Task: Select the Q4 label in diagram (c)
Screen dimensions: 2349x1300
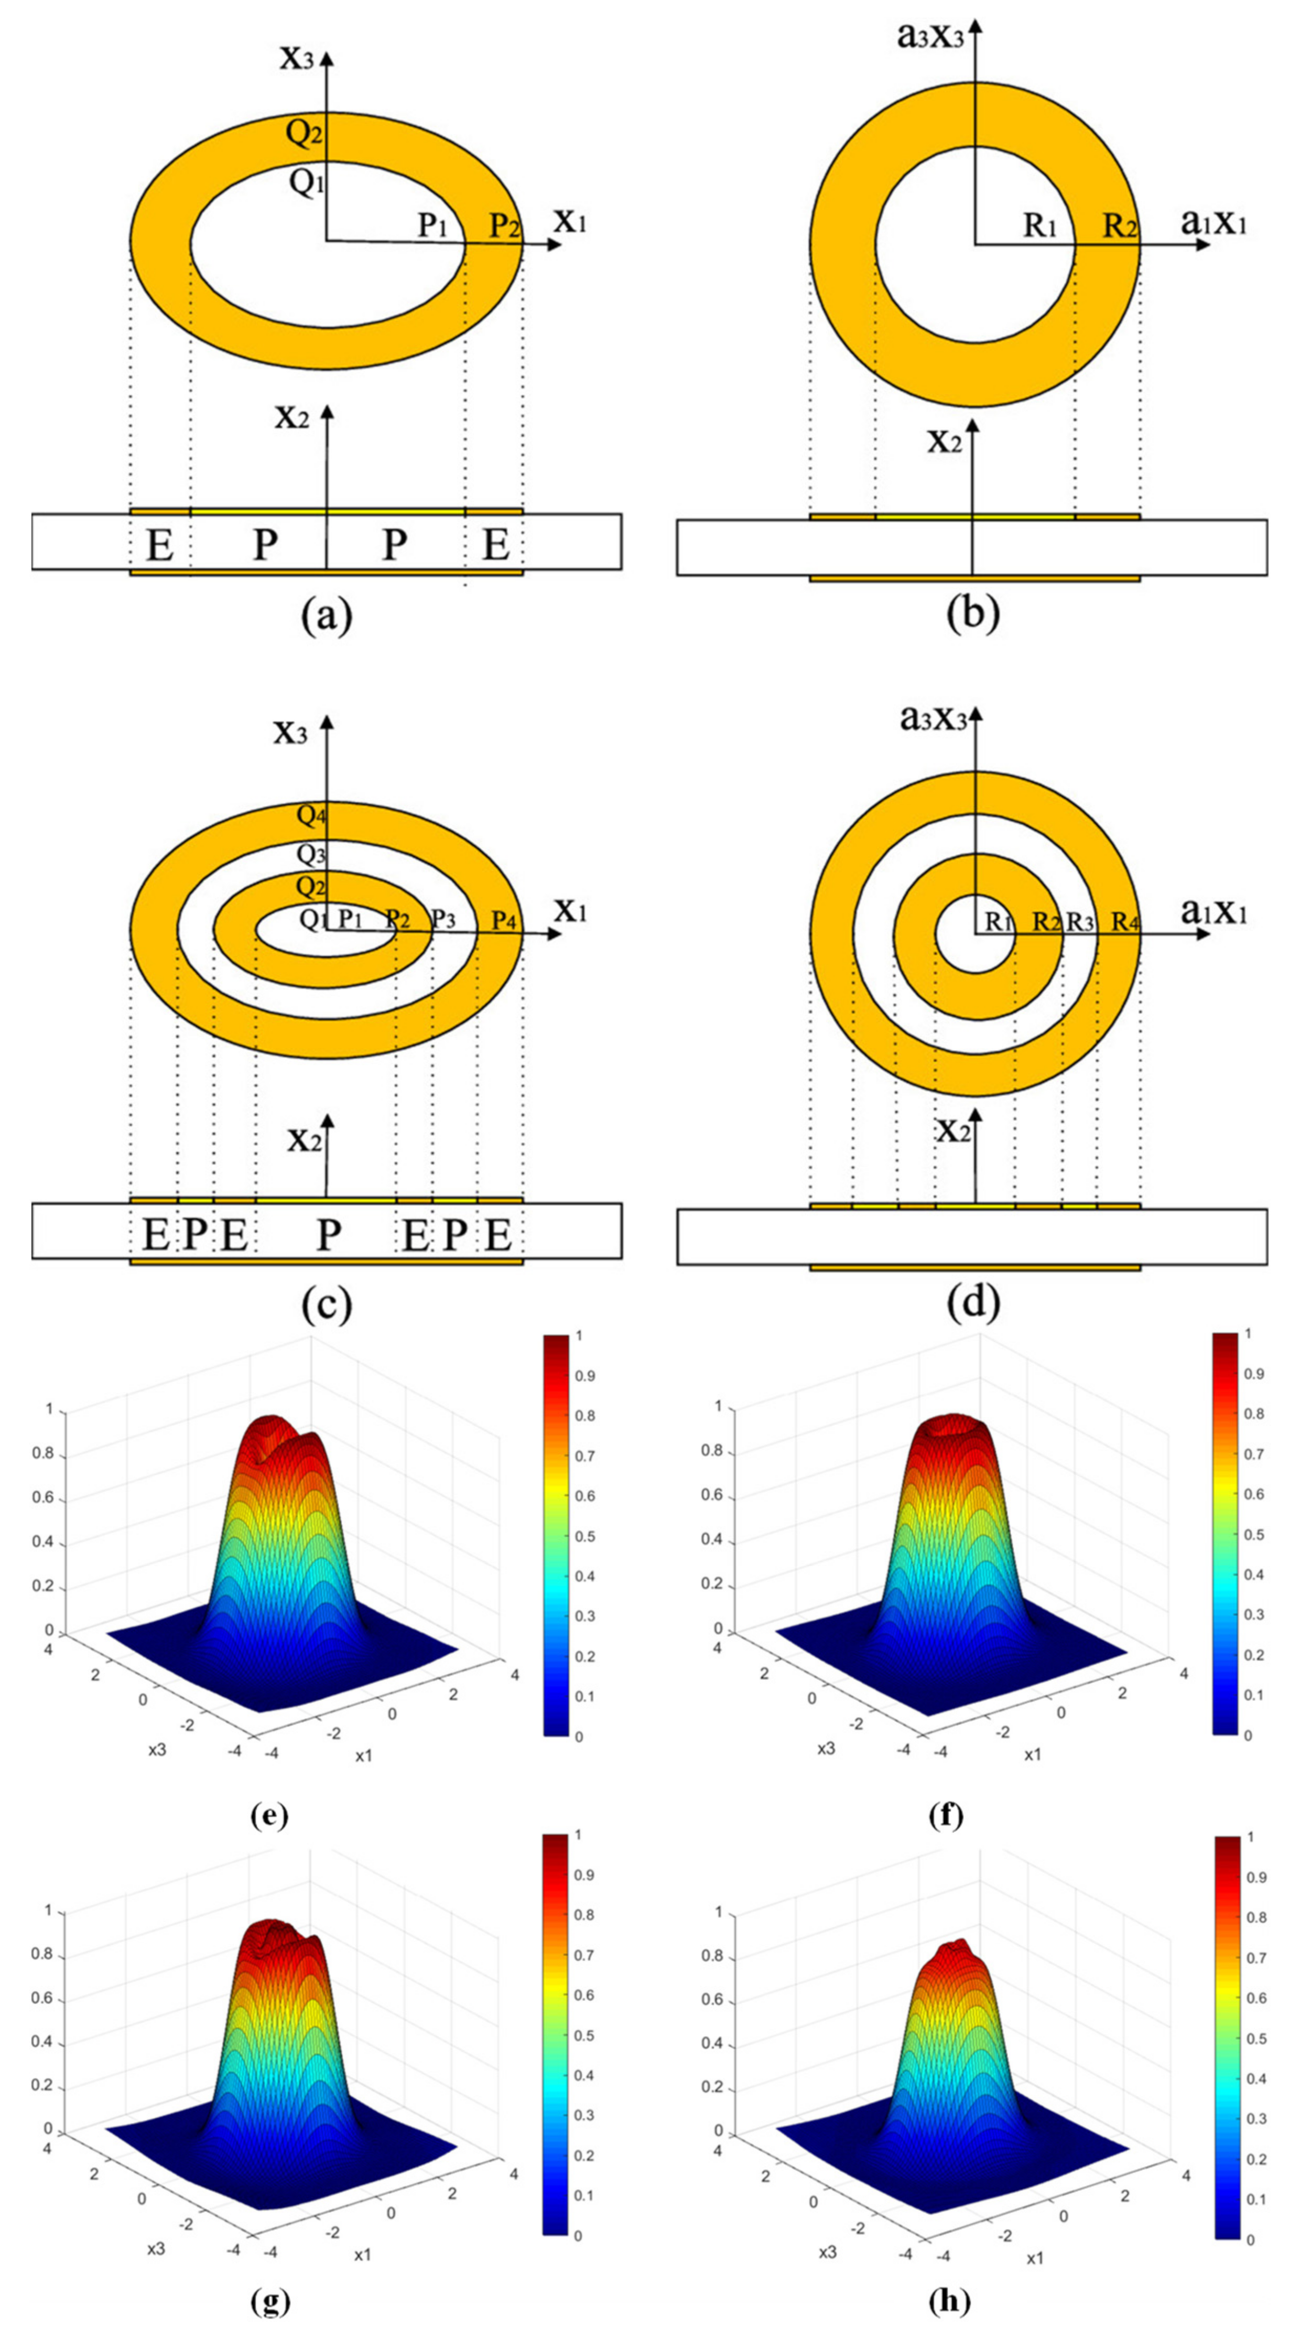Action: [x=311, y=816]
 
